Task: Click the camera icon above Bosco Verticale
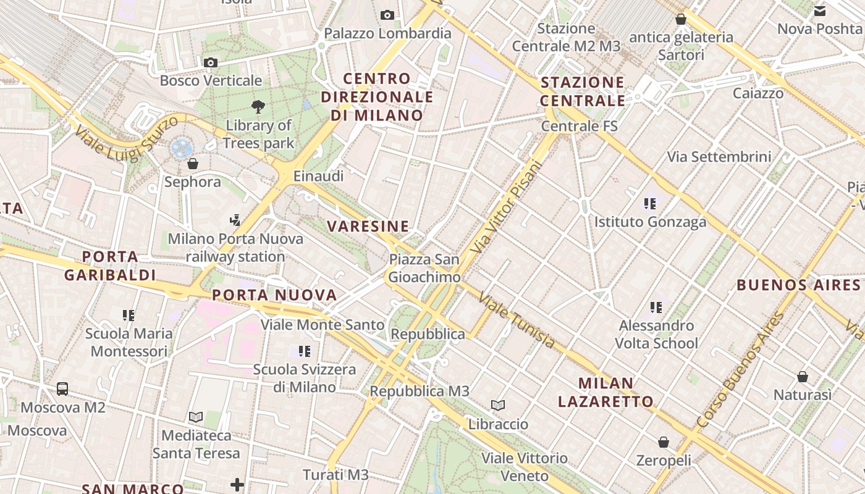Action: pos(211,62)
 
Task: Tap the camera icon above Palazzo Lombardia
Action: pos(387,15)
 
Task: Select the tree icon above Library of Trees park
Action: pos(258,107)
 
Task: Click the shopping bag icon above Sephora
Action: pos(193,164)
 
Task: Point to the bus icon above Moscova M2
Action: pos(62,389)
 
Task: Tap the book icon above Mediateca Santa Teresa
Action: pos(196,417)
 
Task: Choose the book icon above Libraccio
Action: pos(498,406)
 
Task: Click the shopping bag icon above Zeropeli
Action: pos(664,442)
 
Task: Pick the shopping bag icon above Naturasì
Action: pos(803,376)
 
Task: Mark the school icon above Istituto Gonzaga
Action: pos(649,203)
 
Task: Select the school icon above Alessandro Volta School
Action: pos(656,307)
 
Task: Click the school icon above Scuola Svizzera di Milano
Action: pos(305,351)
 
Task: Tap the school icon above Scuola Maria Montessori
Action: pos(129,316)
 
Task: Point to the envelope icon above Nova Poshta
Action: pos(820,10)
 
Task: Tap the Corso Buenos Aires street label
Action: pos(740,371)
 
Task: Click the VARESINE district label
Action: pos(368,226)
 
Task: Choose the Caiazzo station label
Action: pos(758,93)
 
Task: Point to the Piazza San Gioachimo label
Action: pos(424,268)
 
